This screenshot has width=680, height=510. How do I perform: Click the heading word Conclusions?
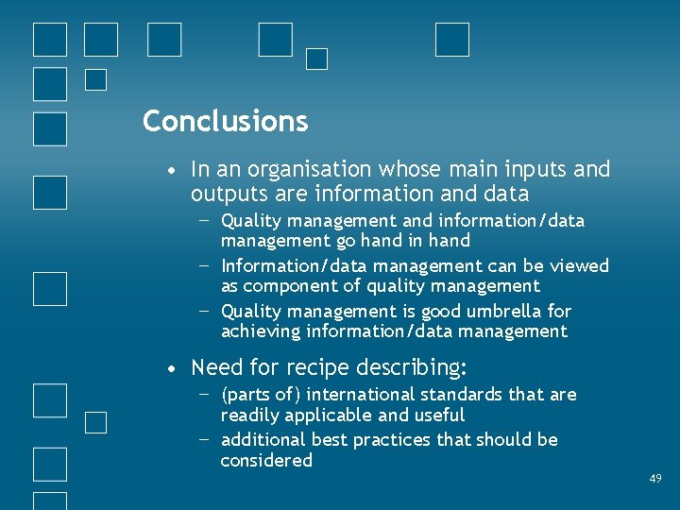(225, 121)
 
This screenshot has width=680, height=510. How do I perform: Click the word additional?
(263, 440)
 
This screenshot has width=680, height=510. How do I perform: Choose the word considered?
(266, 461)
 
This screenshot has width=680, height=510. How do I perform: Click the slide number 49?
(655, 480)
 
